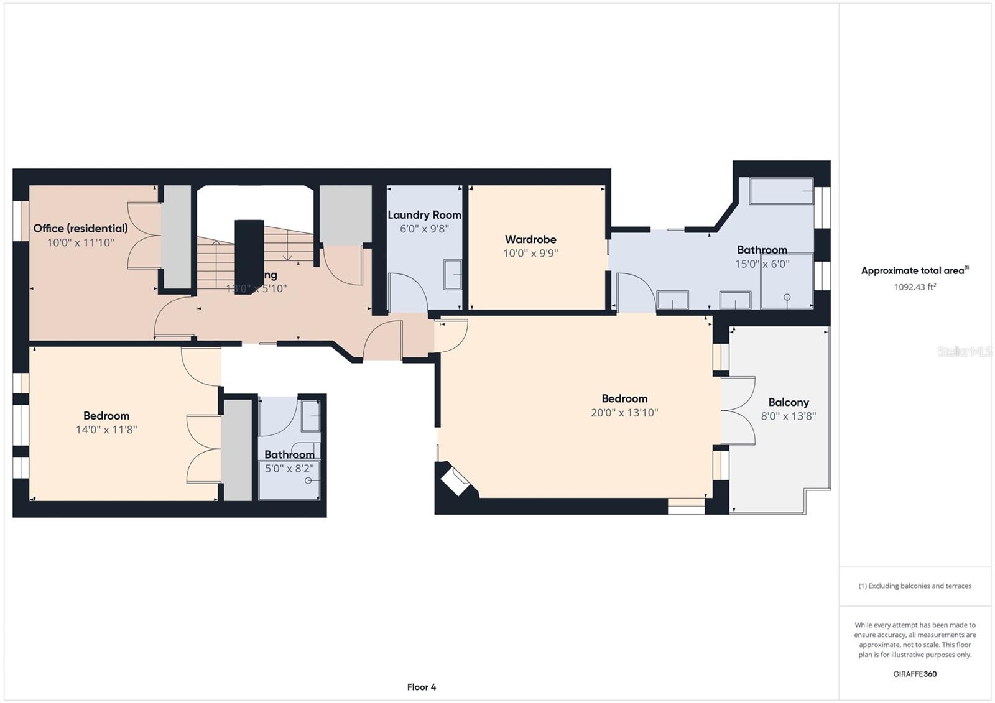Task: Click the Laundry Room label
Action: point(424,215)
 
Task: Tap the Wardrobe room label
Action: point(530,239)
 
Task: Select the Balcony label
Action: point(788,402)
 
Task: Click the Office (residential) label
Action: point(81,228)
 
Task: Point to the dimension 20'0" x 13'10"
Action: point(624,413)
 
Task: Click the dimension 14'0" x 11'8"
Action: point(106,430)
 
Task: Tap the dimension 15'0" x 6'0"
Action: point(762,264)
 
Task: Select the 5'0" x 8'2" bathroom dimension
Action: point(289,469)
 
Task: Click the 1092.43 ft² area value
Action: point(915,287)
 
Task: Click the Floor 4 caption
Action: point(422,687)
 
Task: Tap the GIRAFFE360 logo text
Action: point(915,674)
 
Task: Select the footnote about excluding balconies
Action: point(915,586)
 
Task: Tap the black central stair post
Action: point(249,255)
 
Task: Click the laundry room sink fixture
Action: point(453,275)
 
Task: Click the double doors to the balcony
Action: point(738,410)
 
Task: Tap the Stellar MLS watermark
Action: point(964,352)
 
